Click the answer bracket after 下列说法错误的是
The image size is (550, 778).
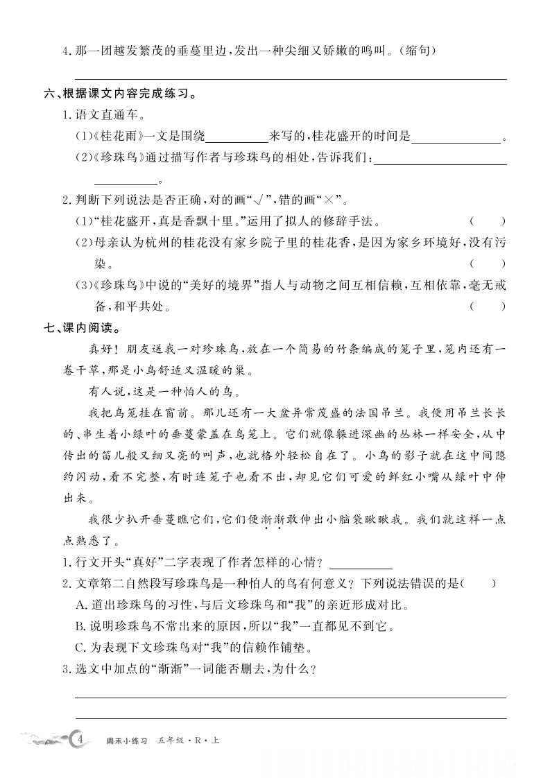tap(479, 584)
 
